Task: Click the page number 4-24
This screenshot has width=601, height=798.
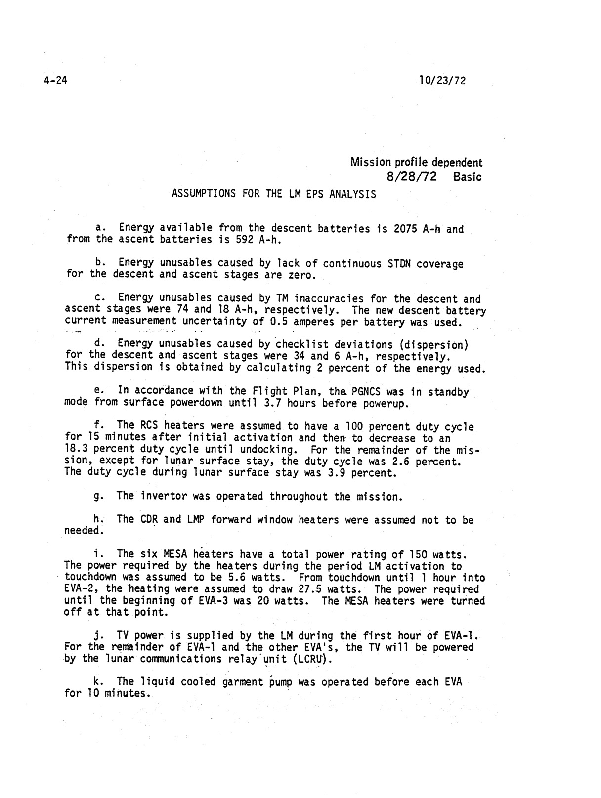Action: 54,81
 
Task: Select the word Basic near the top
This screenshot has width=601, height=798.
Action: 467,176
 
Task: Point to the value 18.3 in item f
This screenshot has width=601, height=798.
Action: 76,450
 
